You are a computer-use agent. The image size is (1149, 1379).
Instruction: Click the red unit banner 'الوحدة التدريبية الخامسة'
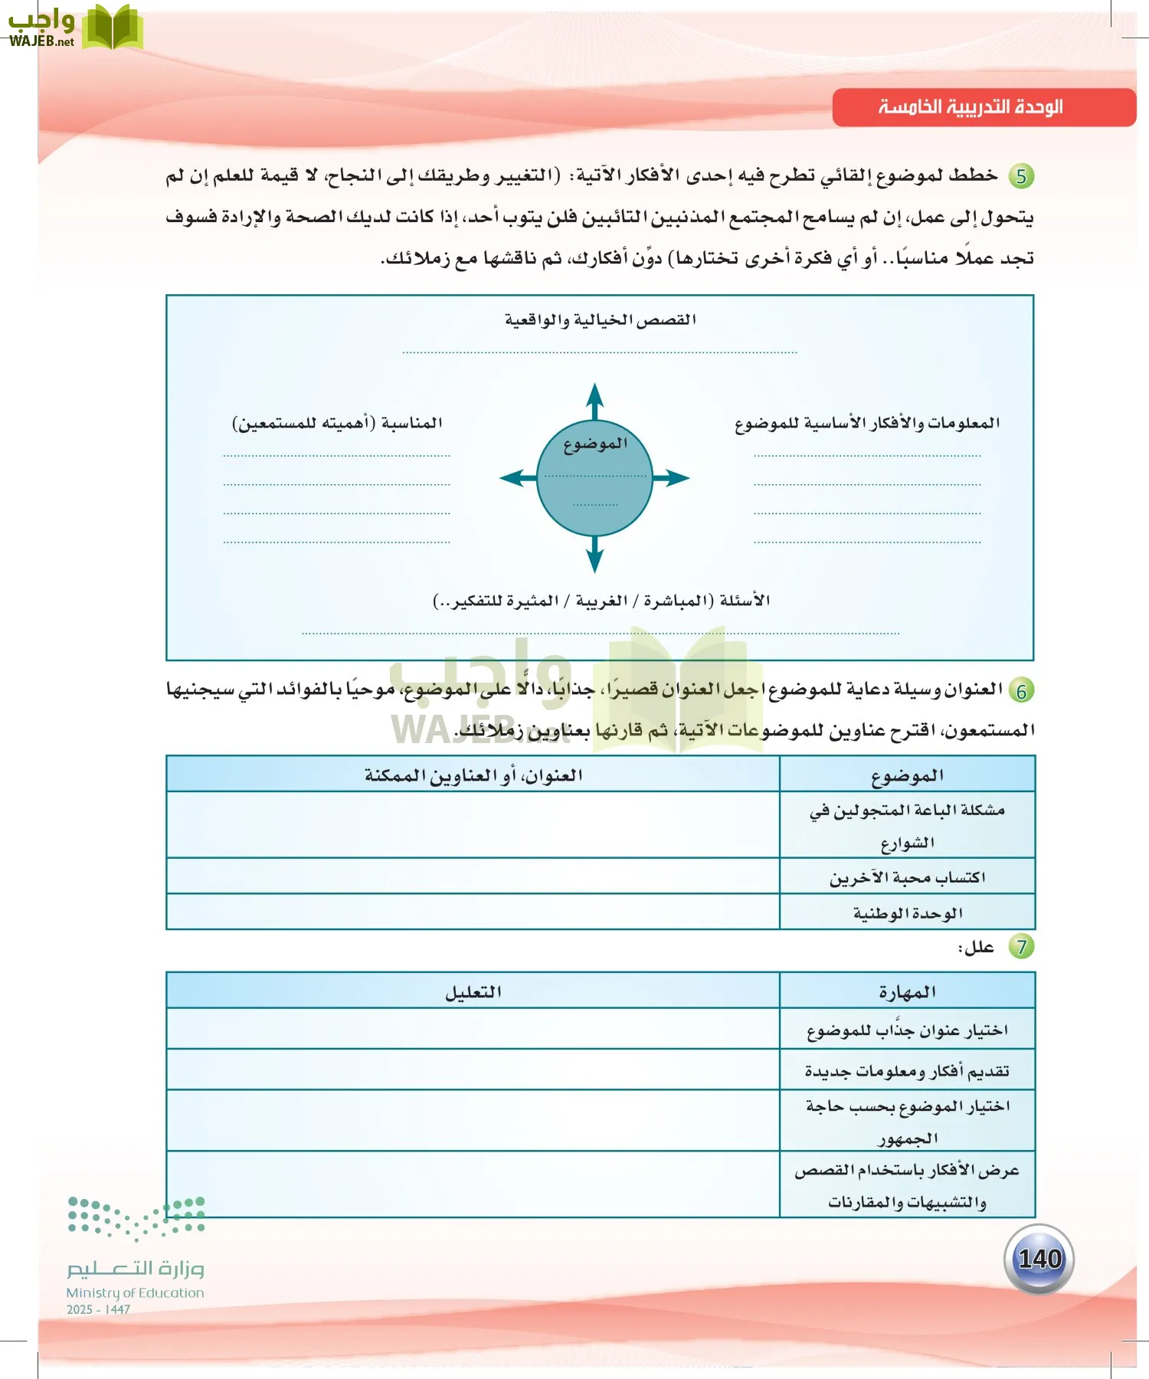[x=984, y=107]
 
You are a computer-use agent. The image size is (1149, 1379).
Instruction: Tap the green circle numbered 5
[x=1021, y=176]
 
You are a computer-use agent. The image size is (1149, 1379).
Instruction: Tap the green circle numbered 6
[x=1021, y=691]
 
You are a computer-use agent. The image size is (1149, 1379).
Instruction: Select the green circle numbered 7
[x=1021, y=947]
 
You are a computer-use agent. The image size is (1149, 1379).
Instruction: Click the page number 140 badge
[x=1039, y=1259]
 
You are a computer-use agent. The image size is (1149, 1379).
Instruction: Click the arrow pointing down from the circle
[x=595, y=555]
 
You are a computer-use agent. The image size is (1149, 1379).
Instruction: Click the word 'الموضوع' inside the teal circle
[x=595, y=444]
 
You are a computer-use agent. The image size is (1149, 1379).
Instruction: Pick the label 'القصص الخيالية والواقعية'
[x=600, y=320]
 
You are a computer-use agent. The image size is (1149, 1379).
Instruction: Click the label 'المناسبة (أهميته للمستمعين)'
[x=337, y=423]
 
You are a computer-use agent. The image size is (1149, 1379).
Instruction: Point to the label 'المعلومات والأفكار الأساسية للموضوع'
[x=867, y=423]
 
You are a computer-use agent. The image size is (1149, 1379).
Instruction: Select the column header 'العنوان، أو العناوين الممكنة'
[x=473, y=775]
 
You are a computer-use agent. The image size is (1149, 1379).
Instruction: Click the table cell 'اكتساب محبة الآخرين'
[x=907, y=877]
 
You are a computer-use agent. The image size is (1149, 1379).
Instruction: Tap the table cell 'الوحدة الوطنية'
[x=907, y=913]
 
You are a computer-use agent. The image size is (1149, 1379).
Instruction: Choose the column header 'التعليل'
[x=473, y=992]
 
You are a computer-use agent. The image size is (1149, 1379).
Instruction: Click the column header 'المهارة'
[x=907, y=992]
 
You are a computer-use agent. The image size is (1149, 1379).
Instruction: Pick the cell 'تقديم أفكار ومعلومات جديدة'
[x=907, y=1070]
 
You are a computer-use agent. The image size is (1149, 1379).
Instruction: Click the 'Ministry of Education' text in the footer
[x=135, y=1293]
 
